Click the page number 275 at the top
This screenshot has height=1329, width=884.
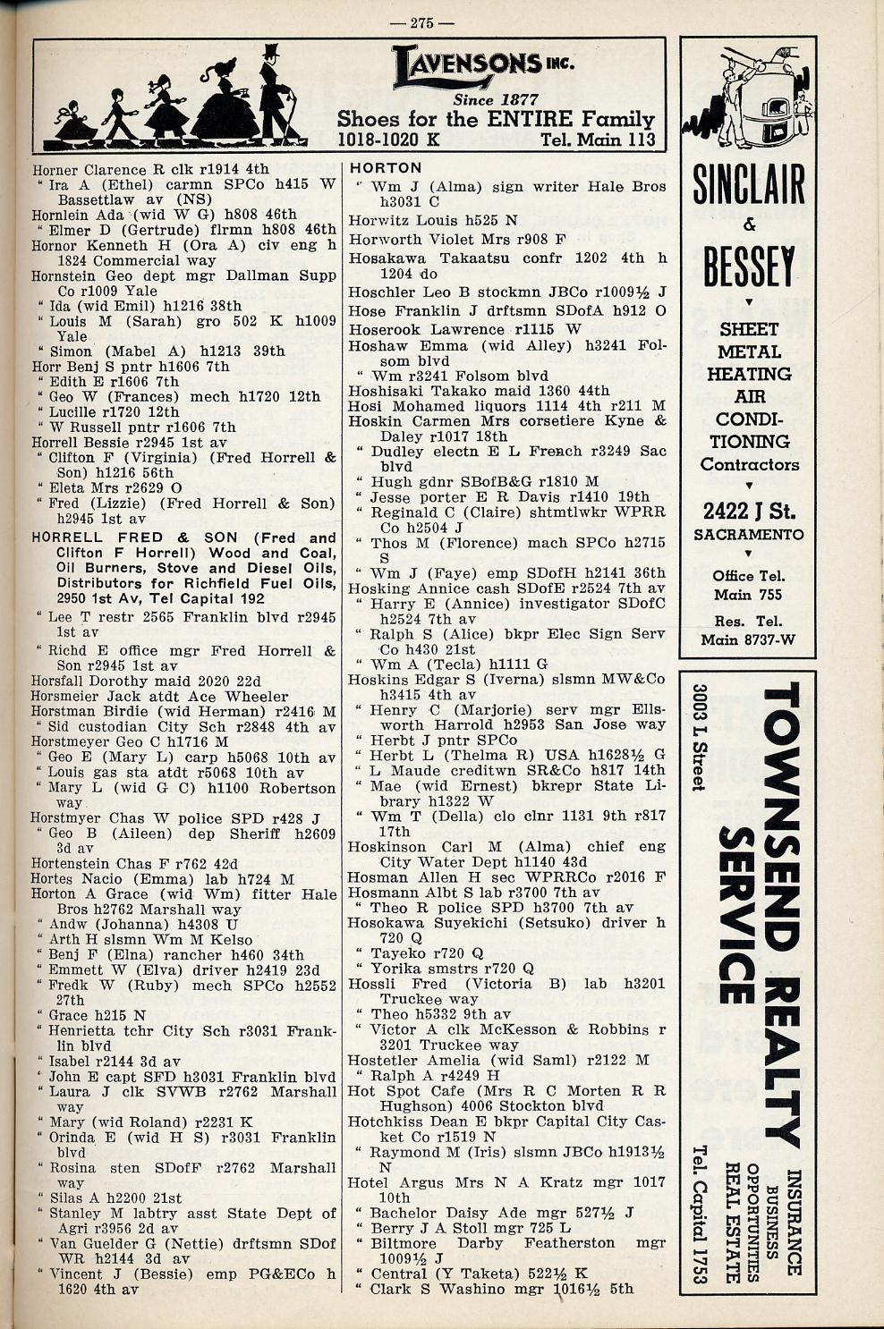pyautogui.click(x=433, y=23)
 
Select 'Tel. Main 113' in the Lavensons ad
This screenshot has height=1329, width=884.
pyautogui.click(x=598, y=139)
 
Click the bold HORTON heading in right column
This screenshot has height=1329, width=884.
pyautogui.click(x=386, y=168)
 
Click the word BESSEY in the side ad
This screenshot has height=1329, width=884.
pyautogui.click(x=749, y=266)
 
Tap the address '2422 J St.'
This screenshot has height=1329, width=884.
pyautogui.click(x=749, y=511)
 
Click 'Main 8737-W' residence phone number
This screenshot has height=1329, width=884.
pyautogui.click(x=749, y=639)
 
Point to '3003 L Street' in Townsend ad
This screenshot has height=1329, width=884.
pyautogui.click(x=699, y=738)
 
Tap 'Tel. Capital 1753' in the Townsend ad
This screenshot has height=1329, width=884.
pyautogui.click(x=699, y=1214)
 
